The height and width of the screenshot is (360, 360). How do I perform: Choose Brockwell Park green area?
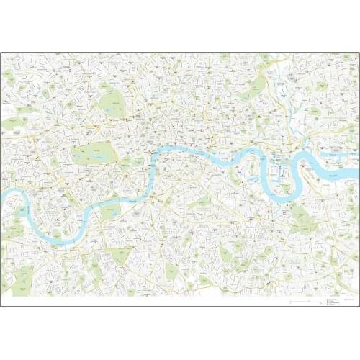pyautogui.click(x=171, y=271)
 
